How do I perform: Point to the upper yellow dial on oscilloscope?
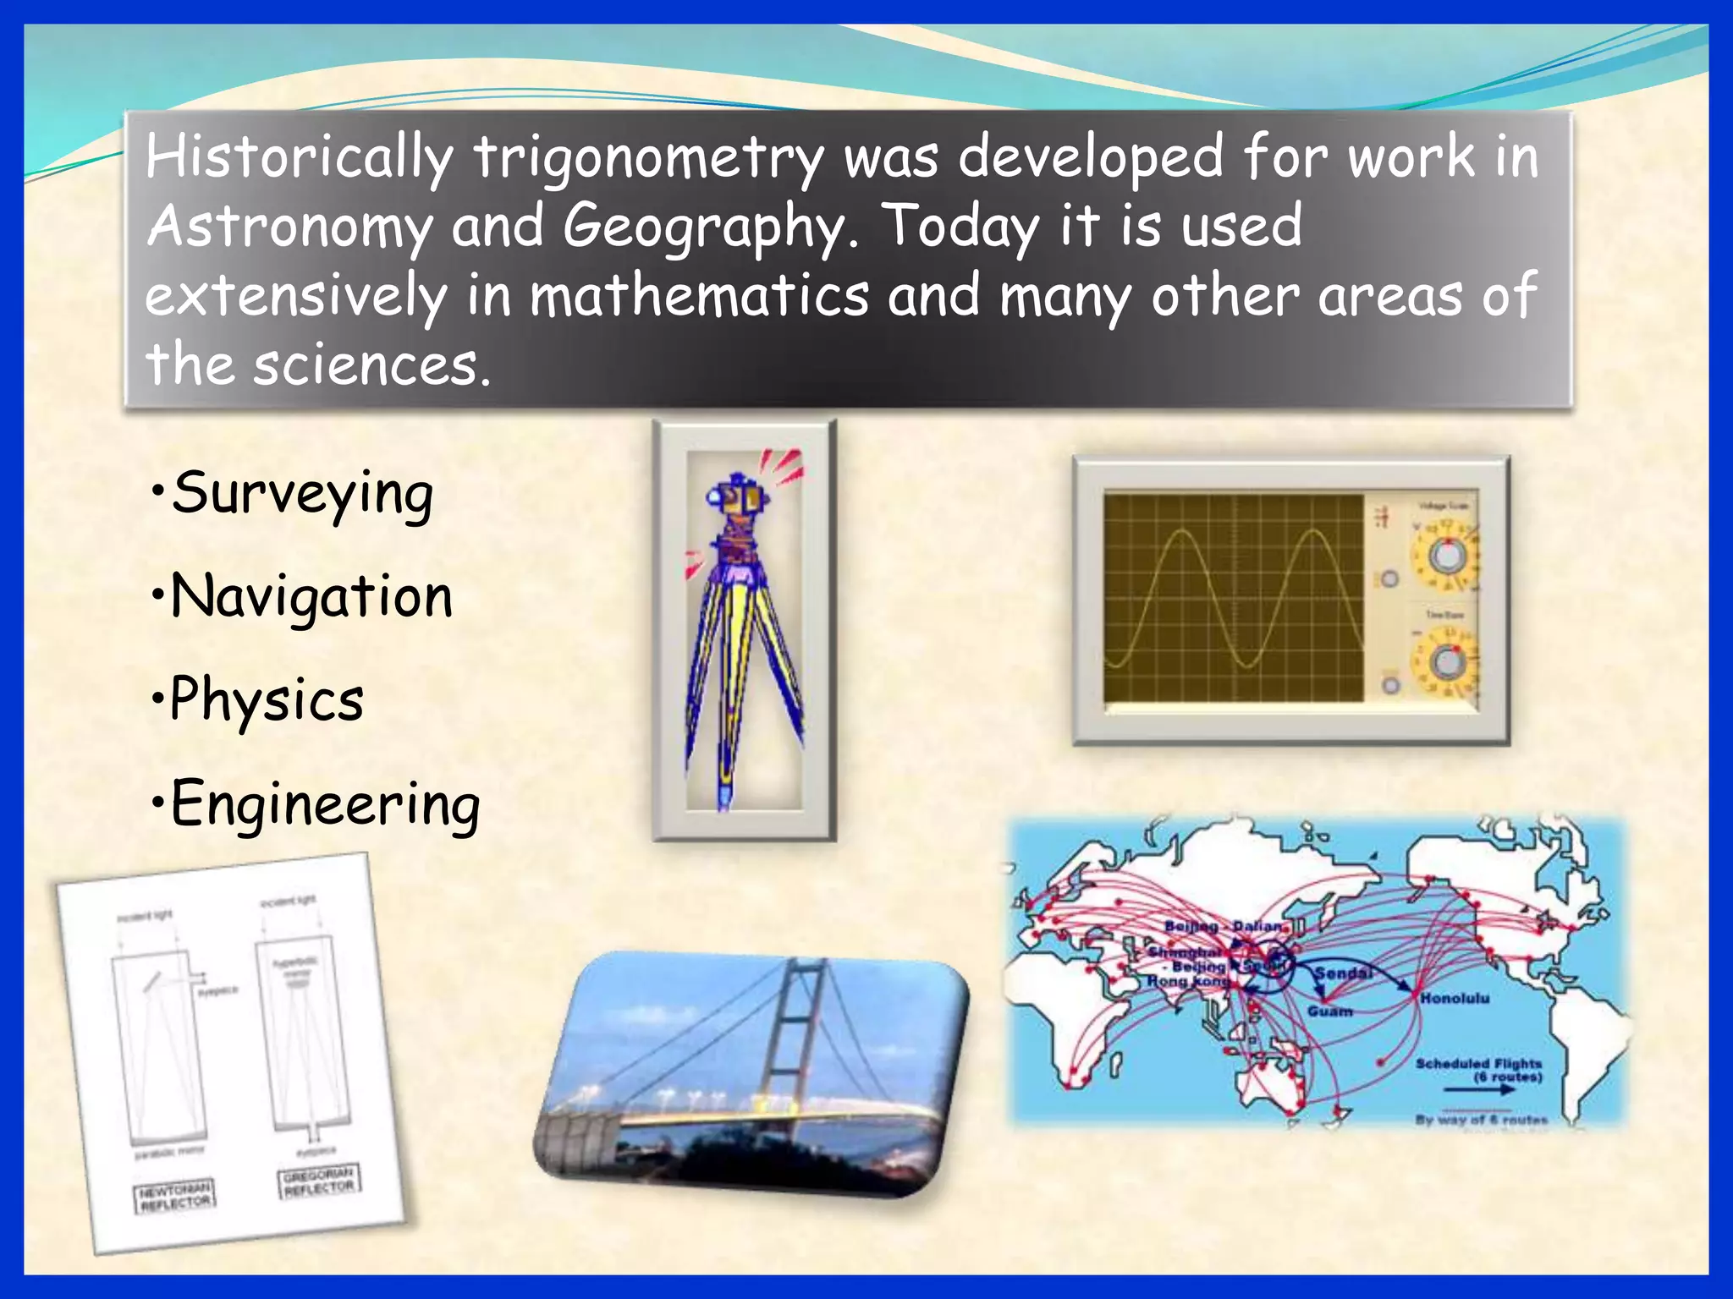1446,556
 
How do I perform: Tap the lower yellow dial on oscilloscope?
1448,662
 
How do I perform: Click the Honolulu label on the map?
1454,999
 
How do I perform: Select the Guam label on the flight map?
1329,1011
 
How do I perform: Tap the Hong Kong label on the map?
1187,981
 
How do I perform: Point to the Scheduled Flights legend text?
1478,1064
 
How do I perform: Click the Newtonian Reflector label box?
174,1197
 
